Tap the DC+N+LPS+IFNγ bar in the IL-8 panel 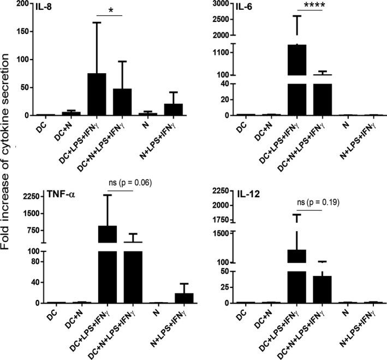point(122,102)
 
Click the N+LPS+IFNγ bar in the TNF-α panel point(184,298)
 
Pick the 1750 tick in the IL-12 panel point(219,220)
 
